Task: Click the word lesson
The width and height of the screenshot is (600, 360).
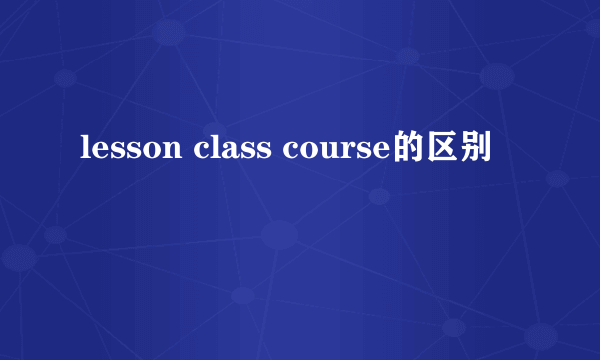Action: (x=130, y=150)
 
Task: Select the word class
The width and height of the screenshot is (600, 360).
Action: (x=231, y=150)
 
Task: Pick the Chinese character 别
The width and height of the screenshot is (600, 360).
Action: (x=475, y=149)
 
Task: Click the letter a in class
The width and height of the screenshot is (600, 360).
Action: (x=229, y=152)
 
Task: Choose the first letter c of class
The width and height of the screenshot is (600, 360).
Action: (x=203, y=152)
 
